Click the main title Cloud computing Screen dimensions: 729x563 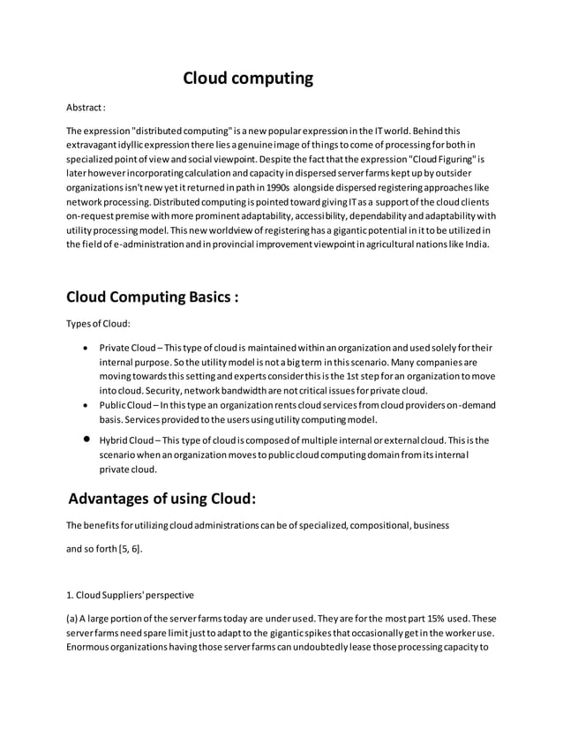(x=248, y=79)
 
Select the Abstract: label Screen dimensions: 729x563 (x=86, y=109)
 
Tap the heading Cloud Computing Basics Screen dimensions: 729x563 (x=153, y=296)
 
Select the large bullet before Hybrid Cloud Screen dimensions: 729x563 (x=85, y=440)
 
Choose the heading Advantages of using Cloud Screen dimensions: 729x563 (x=162, y=498)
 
